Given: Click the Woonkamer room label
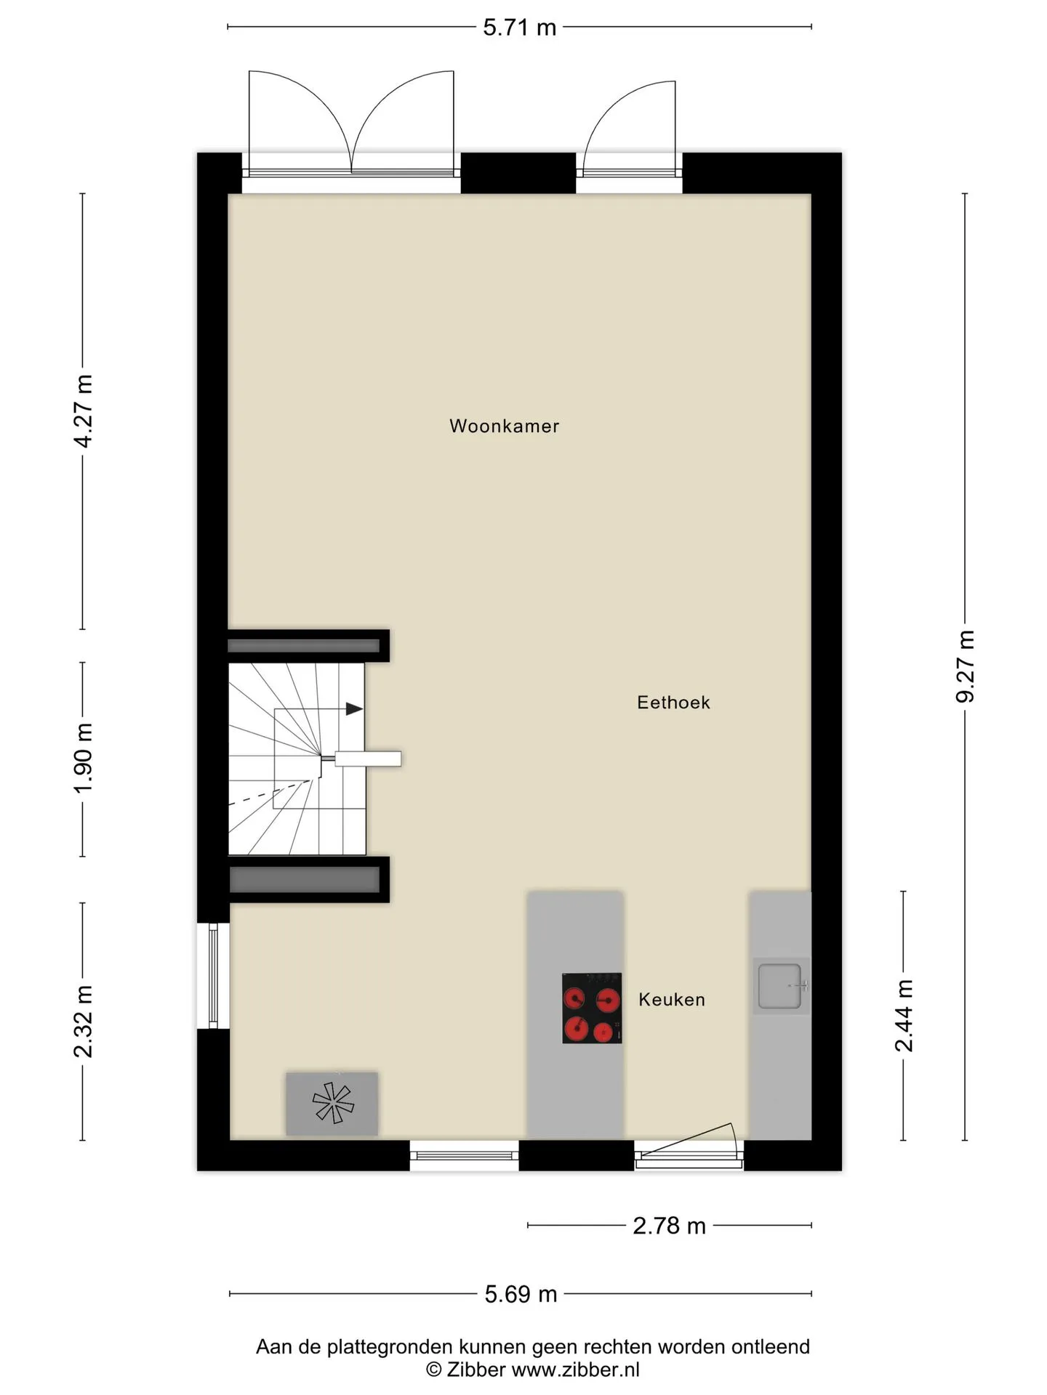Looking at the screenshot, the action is tap(504, 426).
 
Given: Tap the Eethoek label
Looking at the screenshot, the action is tap(673, 703).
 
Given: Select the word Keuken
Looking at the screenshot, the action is tap(672, 1000).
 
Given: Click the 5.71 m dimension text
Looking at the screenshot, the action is tap(520, 28).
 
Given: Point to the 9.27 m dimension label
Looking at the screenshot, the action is tap(965, 666).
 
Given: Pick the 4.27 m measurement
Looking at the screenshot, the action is tap(84, 411).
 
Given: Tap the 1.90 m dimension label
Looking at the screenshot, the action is tap(84, 758).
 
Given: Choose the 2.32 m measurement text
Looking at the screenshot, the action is tap(84, 1022).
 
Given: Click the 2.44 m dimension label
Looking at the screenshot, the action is tap(904, 1016).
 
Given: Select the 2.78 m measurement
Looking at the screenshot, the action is tap(670, 1226).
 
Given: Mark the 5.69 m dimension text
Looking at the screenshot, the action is tap(521, 1294).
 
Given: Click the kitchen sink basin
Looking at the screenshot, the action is tap(779, 986).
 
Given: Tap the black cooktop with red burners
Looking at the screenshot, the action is tap(592, 1008).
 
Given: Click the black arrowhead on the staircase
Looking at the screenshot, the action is tap(354, 708).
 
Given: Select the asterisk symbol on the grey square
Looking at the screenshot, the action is tap(333, 1102).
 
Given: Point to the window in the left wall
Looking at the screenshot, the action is tap(214, 975).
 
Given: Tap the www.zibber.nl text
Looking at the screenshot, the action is tap(576, 1370).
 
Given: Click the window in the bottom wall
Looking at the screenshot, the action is tap(465, 1155).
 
